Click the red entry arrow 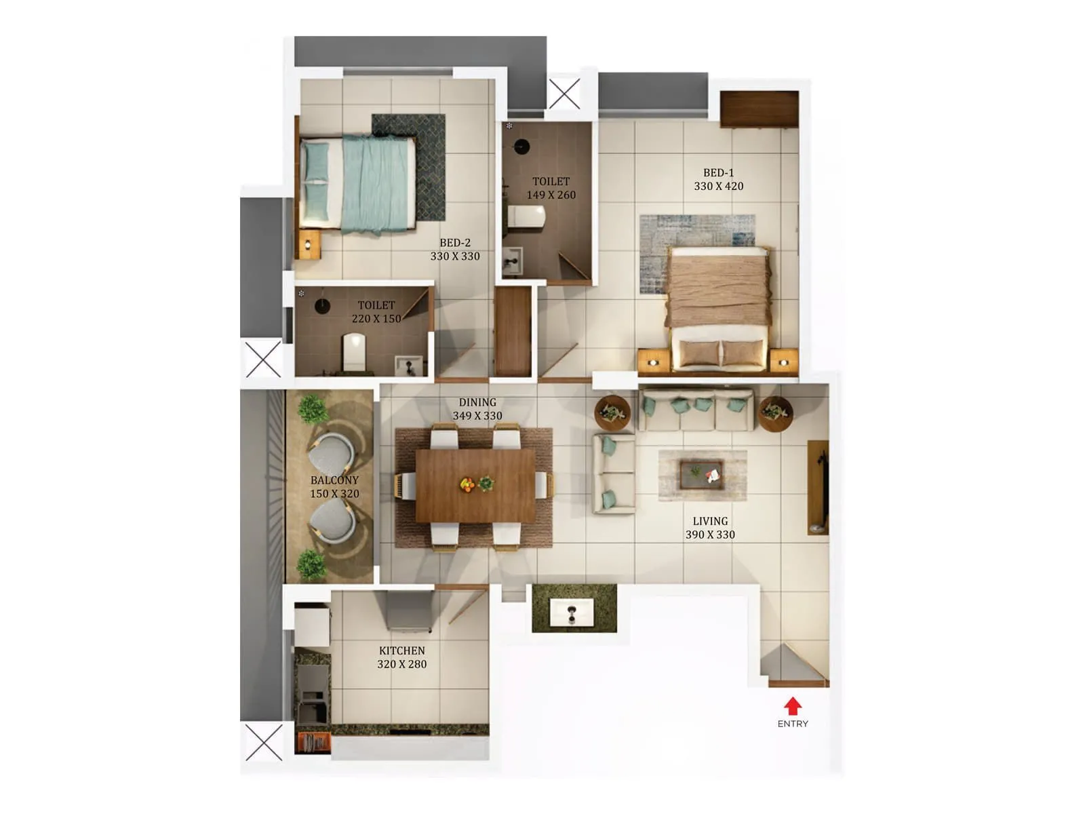pos(792,705)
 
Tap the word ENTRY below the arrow pos(793,724)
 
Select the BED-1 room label pos(718,173)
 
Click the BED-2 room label pos(454,243)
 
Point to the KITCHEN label pos(401,651)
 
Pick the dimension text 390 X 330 pos(710,535)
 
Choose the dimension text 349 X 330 pos(477,416)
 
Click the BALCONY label pos(334,480)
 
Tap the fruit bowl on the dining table pos(467,484)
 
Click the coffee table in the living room pos(701,474)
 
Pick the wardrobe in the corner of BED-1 pos(759,109)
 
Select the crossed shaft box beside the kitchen pos(263,742)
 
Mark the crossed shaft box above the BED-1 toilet pos(564,93)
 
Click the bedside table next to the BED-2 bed pos(310,244)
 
